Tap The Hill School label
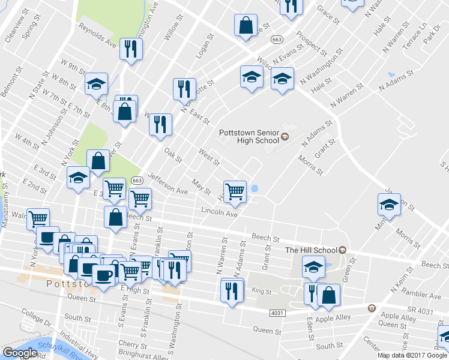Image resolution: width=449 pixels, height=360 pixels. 312,250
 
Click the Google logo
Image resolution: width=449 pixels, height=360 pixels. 20,353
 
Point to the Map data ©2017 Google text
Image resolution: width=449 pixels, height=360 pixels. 412,355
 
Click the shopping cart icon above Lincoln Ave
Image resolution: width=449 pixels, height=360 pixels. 235,191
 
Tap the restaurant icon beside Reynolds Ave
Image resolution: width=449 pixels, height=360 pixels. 130,49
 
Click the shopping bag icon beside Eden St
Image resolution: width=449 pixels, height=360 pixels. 330,295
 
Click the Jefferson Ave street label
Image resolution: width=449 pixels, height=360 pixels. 167,183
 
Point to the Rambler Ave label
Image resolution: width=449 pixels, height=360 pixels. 423,296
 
